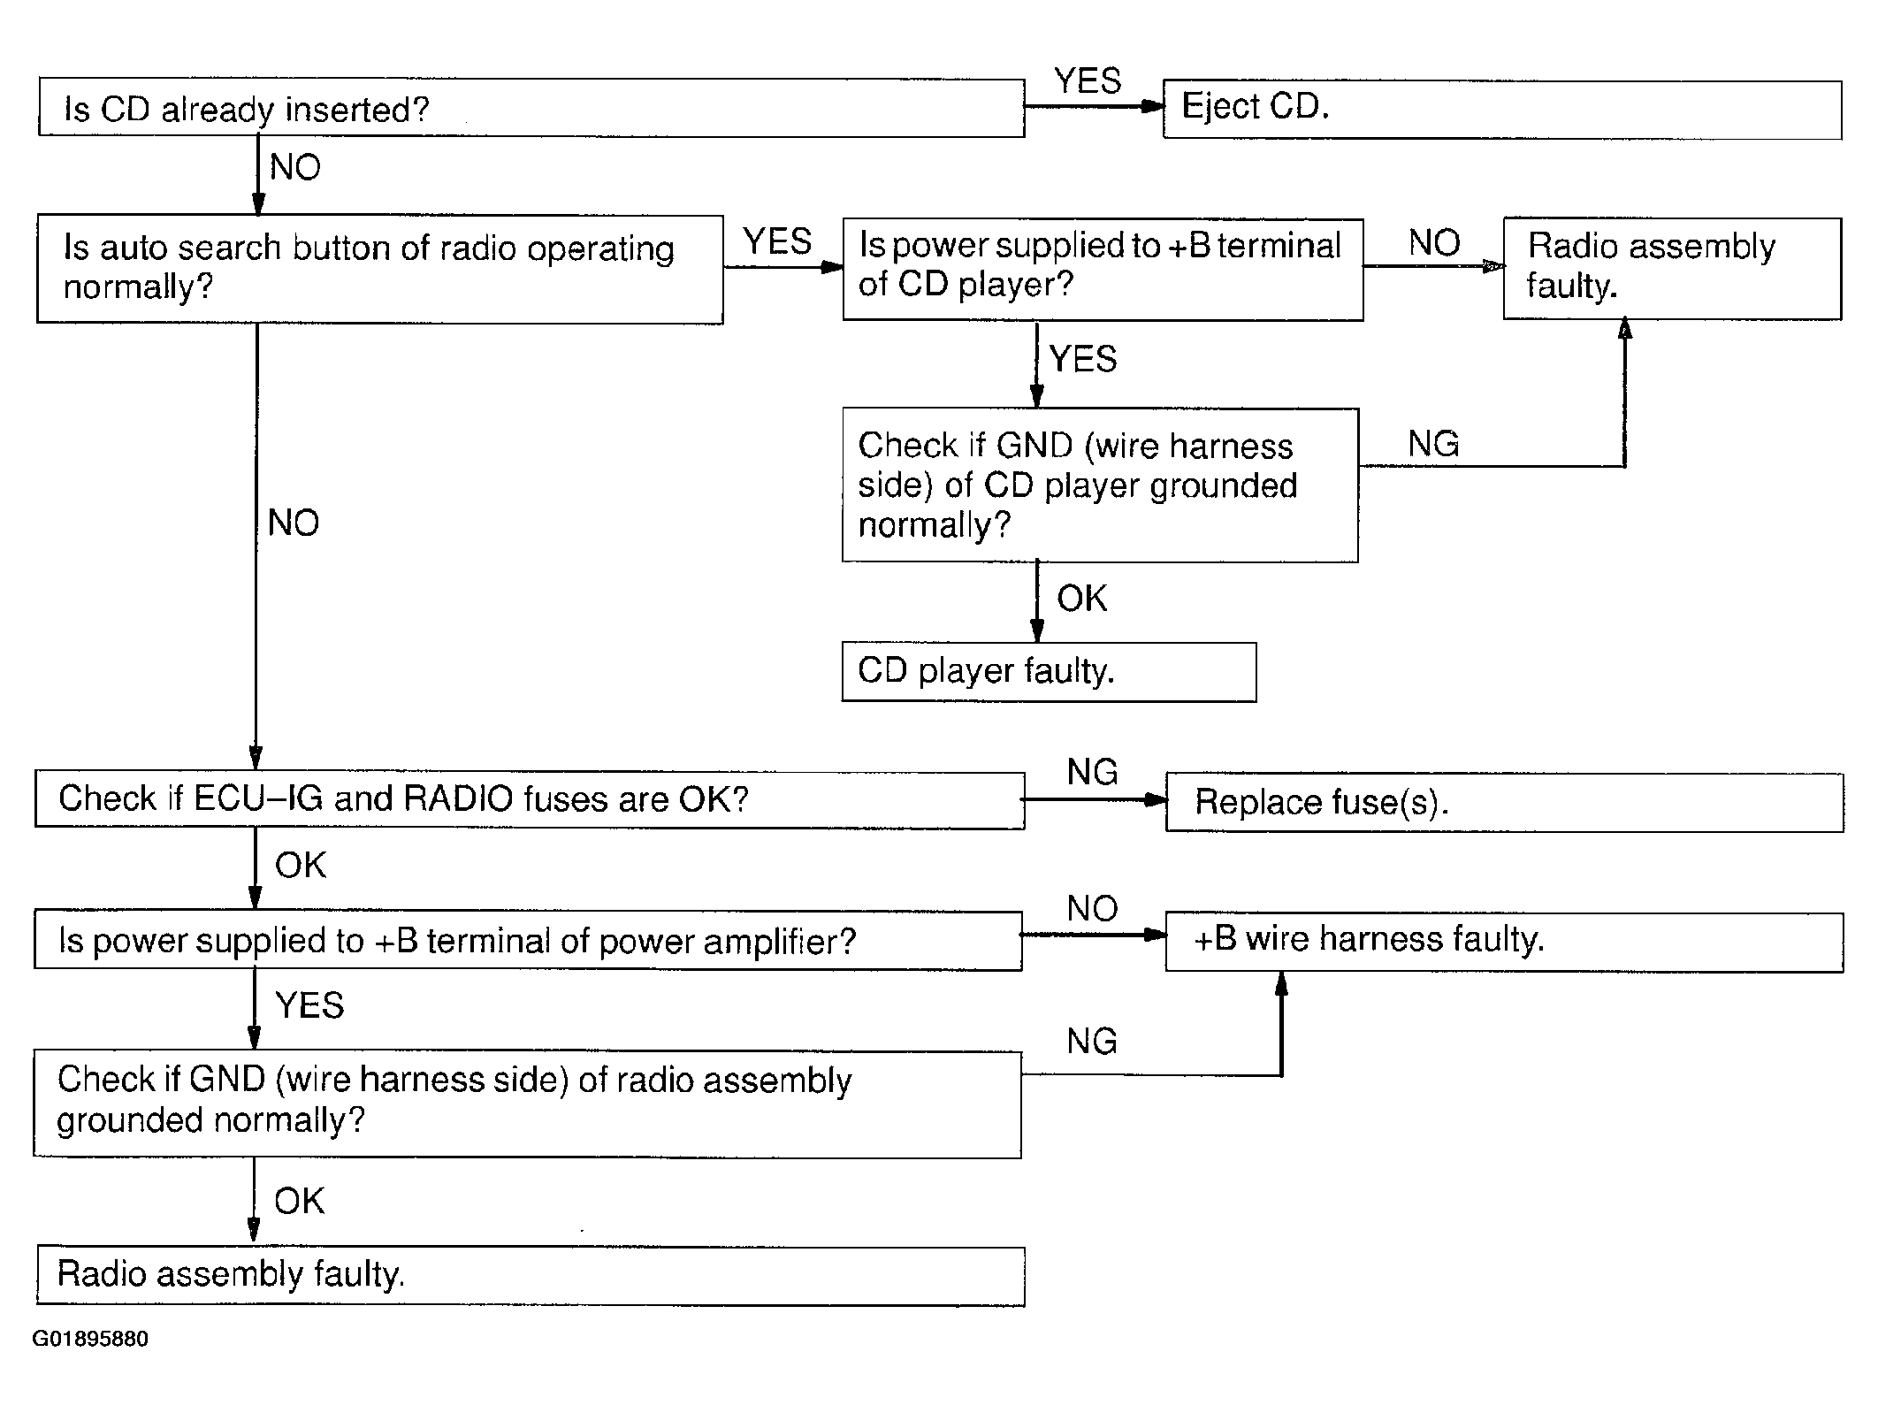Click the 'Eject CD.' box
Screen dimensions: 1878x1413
click(x=1501, y=110)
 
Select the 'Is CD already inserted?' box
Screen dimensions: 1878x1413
click(x=531, y=108)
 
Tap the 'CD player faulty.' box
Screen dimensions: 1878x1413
click(x=1049, y=672)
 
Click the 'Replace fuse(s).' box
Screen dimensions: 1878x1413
click(x=1504, y=802)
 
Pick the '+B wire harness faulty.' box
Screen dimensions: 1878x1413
click(x=1504, y=943)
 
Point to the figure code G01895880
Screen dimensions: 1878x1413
click(x=90, y=1339)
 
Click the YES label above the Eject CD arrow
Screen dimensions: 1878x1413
click(x=1088, y=81)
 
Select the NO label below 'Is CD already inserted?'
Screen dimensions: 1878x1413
click(x=295, y=167)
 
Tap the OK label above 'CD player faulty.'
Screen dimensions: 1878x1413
click(x=1081, y=599)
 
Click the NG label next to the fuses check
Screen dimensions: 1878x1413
click(x=1092, y=772)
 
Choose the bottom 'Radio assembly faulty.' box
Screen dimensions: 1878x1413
click(x=531, y=1276)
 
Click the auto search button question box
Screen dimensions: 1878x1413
click(x=380, y=269)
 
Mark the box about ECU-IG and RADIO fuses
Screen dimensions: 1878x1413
click(x=530, y=800)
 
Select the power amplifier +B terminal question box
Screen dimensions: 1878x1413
click(x=528, y=941)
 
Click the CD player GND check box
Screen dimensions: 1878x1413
click(x=1100, y=485)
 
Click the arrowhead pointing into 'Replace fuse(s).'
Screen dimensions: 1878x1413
click(x=1156, y=800)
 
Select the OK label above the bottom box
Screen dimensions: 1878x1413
click(x=299, y=1201)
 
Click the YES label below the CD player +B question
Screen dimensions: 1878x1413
click(x=1083, y=359)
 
